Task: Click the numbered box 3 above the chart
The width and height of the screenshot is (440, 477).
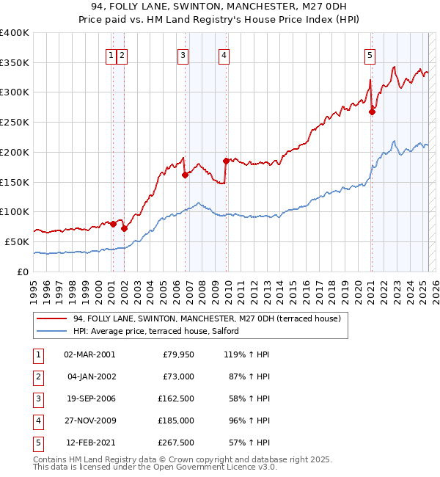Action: point(183,54)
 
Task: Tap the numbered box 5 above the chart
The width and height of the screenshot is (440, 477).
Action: point(370,54)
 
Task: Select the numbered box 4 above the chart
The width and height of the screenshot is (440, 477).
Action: point(223,54)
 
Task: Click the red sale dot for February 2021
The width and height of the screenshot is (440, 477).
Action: point(372,112)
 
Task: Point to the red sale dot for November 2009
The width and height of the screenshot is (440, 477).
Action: point(227,161)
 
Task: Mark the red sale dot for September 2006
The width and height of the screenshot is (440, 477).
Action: point(186,175)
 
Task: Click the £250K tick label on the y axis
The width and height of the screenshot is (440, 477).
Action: point(15,122)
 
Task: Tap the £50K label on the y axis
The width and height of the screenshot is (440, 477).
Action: point(18,241)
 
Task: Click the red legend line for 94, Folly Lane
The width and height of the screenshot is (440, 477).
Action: point(51,318)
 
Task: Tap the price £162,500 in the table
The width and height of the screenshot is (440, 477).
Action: point(174,399)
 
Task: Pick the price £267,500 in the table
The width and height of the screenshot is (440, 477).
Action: point(174,443)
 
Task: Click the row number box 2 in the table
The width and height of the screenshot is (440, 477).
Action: point(37,377)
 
